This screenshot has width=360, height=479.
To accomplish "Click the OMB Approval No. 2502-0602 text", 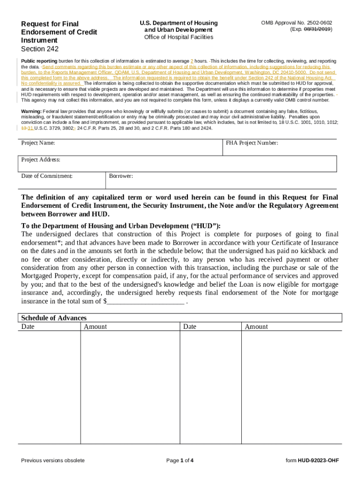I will [x=300, y=23].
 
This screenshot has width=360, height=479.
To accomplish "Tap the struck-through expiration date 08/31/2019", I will [x=317, y=29].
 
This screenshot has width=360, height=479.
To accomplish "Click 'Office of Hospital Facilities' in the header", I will [x=178, y=37].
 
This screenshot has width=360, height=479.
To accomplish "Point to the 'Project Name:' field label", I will [x=38, y=143].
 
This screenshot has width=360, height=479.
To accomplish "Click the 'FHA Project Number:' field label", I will [x=252, y=143].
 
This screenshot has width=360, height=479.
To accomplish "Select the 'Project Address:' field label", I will [x=41, y=160].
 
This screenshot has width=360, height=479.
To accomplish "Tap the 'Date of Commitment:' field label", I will [x=47, y=176].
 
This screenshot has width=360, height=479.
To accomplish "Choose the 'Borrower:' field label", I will [x=121, y=176].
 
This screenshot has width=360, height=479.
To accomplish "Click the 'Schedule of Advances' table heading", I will [x=54, y=318].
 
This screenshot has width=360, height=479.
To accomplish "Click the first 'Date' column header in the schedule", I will [x=28, y=327].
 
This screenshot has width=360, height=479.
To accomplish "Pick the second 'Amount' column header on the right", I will [x=256, y=327].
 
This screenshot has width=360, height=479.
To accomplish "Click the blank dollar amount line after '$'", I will [x=145, y=302].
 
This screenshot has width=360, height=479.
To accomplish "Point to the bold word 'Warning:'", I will [x=31, y=111].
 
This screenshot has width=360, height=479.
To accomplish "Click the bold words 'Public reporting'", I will [x=39, y=61].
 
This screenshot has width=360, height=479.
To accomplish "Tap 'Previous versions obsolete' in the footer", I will [x=53, y=460].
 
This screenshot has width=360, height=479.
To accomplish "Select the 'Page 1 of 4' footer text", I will [x=180, y=460].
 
